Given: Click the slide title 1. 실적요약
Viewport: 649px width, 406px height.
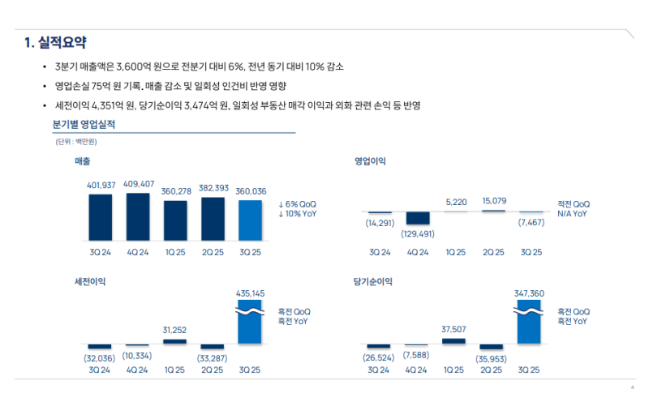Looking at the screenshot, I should coord(55,42).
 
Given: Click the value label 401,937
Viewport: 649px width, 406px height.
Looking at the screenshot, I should coord(101,186).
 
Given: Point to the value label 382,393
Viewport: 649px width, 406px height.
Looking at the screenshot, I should coord(212,186).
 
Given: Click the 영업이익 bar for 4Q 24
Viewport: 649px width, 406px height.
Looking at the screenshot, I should coord(418,218).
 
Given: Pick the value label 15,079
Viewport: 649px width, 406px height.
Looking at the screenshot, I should coord(494,201).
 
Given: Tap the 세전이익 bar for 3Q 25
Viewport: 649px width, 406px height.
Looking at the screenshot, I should coord(250,323).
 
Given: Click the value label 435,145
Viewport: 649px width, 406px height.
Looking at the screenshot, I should coord(251,293).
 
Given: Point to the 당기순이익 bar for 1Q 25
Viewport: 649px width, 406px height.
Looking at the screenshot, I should coord(454,341).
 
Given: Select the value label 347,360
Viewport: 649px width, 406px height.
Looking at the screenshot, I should coord(529,293).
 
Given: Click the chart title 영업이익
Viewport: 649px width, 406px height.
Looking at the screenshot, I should coord(370,161).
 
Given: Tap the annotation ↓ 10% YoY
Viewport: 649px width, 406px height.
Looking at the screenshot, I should coord(297,214).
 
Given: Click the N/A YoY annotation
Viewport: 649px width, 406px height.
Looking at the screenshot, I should coord(572,214).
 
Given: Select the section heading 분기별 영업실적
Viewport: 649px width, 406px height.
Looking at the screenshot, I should coord(84,125).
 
